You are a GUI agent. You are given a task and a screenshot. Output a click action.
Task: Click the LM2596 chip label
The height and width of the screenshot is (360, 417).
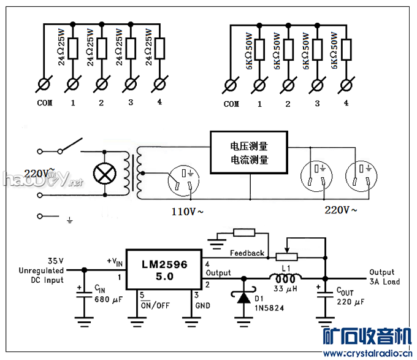(x=164, y=265)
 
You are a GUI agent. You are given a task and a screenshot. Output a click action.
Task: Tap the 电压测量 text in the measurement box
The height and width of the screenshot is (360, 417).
(x=249, y=147)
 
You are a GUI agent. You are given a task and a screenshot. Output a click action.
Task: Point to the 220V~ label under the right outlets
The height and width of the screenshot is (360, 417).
(x=341, y=210)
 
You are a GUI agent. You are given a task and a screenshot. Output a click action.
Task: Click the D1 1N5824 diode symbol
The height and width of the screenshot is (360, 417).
(x=243, y=297)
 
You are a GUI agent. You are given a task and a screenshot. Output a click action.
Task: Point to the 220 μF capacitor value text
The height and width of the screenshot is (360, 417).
(x=350, y=302)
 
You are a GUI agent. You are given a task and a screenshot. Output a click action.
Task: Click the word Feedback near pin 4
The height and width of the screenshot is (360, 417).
(x=247, y=253)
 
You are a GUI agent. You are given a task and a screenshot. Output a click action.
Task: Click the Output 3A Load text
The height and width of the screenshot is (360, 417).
(x=384, y=277)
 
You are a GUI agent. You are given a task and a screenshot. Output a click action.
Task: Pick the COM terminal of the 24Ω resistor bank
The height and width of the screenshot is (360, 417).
(x=44, y=83)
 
